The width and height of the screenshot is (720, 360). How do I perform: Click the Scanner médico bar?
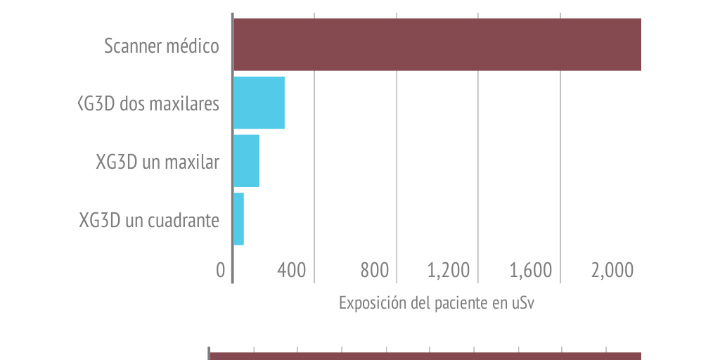click(437, 44)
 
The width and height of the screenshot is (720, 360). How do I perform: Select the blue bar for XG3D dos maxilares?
click(259, 103)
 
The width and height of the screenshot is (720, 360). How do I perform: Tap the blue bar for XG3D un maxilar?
click(246, 161)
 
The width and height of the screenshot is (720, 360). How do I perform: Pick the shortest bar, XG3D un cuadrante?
click(238, 219)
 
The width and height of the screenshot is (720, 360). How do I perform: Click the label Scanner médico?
click(162, 46)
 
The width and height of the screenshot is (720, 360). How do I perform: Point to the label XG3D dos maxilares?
click(149, 104)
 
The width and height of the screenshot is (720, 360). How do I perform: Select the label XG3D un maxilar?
click(157, 162)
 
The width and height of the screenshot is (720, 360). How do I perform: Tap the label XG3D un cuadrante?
click(149, 220)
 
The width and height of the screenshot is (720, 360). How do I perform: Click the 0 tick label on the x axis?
click(221, 270)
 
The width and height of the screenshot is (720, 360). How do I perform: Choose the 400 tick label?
click(291, 270)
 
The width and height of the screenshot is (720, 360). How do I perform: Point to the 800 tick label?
click(374, 270)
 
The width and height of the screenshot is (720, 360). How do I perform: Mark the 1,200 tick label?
click(448, 270)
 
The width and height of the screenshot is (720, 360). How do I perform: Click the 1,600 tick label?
click(530, 270)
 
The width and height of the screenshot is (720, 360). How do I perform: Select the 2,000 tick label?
click(612, 270)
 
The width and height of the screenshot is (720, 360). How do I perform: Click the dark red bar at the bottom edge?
click(426, 356)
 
